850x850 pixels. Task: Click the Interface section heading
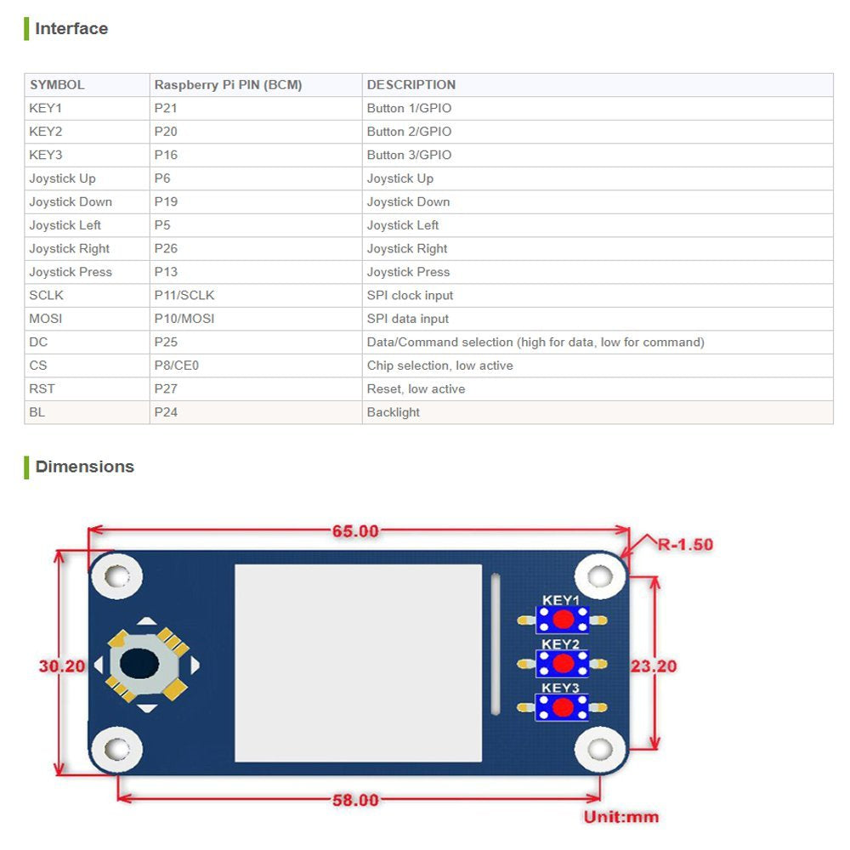pyautogui.click(x=71, y=29)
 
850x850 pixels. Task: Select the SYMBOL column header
pyautogui.click(x=57, y=85)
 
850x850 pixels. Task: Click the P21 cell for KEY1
pyautogui.click(x=166, y=109)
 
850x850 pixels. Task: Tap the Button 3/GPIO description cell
pyautogui.click(x=409, y=156)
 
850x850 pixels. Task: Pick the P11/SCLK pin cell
pyautogui.click(x=184, y=296)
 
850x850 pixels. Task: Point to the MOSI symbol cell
pyautogui.click(x=46, y=319)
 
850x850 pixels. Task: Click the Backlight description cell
pyautogui.click(x=394, y=412)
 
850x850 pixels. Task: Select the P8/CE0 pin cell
pyautogui.click(x=176, y=365)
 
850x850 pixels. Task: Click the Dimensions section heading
pyautogui.click(x=84, y=467)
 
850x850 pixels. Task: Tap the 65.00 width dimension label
pyautogui.click(x=355, y=531)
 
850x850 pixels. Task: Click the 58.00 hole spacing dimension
pyautogui.click(x=355, y=800)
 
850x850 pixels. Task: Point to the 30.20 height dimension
pyautogui.click(x=62, y=666)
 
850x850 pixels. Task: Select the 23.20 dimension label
pyautogui.click(x=653, y=666)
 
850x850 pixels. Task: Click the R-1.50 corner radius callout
pyautogui.click(x=685, y=544)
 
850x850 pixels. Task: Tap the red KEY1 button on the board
pyautogui.click(x=562, y=620)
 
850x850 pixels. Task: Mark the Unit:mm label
pyautogui.click(x=620, y=817)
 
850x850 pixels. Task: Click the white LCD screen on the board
pyautogui.click(x=358, y=663)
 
